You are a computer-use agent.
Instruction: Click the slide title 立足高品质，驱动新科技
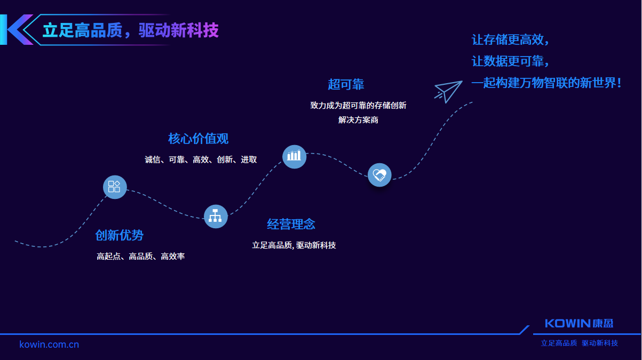(131, 30)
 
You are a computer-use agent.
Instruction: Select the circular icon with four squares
(115, 187)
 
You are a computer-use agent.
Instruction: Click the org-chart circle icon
(216, 216)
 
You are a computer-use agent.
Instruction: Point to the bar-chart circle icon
(294, 156)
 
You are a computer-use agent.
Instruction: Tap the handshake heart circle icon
(379, 174)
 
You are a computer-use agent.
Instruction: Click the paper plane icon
(448, 91)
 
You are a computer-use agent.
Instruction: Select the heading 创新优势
(120, 235)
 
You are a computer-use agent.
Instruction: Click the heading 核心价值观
(199, 139)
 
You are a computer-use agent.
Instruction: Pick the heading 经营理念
(291, 224)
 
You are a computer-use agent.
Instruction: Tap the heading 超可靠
(346, 84)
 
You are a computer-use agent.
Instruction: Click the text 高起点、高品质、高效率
(141, 257)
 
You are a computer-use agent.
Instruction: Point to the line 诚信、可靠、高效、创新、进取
(201, 159)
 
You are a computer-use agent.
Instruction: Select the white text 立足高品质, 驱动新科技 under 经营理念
(294, 245)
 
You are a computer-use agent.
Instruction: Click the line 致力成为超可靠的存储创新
(358, 106)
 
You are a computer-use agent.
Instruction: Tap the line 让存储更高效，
(510, 40)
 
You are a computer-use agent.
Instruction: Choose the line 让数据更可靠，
(510, 61)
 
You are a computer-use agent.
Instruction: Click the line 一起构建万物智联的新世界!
(546, 83)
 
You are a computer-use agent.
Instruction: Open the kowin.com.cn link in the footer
(49, 345)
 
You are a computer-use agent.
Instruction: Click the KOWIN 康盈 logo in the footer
(579, 323)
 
